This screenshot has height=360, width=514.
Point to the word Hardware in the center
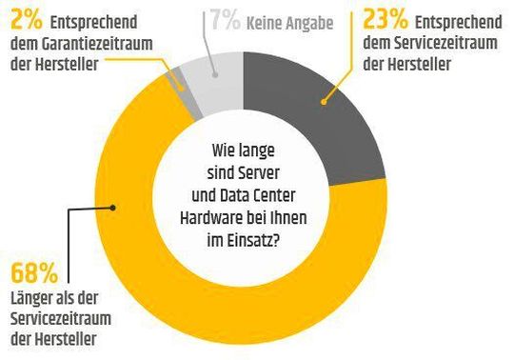[211, 218]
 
